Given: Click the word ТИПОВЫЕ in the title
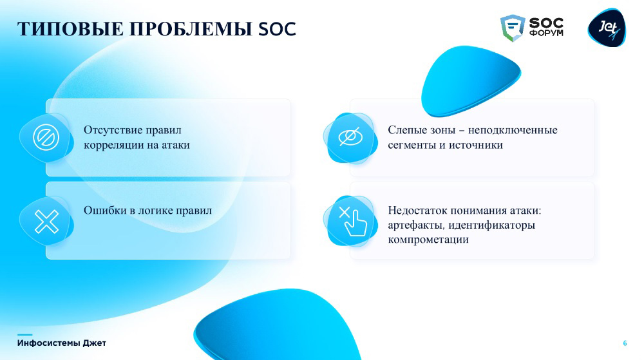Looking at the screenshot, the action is click(70, 29).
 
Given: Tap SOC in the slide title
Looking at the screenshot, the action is click(277, 29).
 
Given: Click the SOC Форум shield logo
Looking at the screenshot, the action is click(513, 28).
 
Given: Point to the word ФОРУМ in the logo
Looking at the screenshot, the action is click(546, 33).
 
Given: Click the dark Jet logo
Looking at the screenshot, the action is click(607, 28).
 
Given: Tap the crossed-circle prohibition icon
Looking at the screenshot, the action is click(46, 138).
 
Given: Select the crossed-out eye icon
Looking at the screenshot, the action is click(350, 137).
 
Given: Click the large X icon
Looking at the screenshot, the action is click(46, 222).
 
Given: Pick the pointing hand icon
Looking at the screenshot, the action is click(353, 222).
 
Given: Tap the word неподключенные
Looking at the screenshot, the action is click(513, 130).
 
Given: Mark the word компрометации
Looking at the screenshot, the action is click(428, 240).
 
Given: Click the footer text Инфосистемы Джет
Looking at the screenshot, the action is click(62, 343).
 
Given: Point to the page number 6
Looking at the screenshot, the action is click(625, 343).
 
